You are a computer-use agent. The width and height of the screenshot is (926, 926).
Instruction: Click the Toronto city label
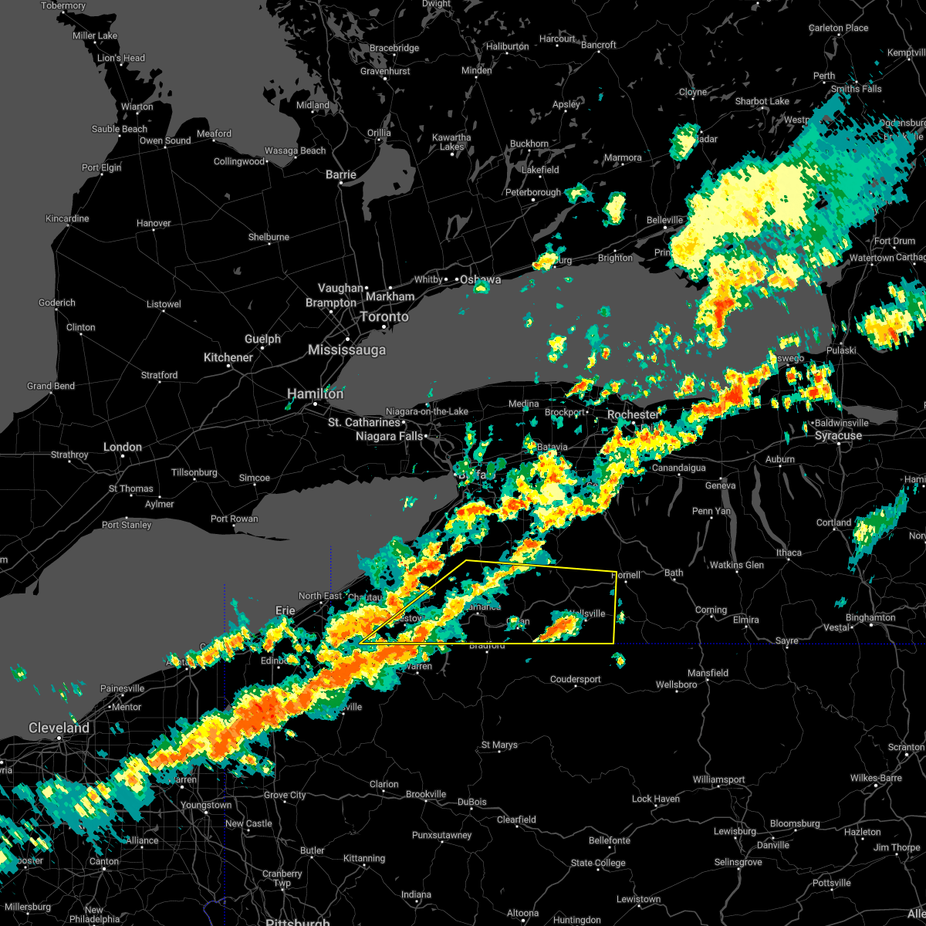click(x=384, y=317)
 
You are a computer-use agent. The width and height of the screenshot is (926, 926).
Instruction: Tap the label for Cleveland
click(x=59, y=728)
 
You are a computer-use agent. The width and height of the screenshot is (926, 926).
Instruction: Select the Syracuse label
click(x=838, y=436)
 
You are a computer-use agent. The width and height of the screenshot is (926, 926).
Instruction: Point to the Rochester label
click(x=633, y=414)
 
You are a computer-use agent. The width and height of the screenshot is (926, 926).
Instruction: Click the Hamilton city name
click(x=315, y=394)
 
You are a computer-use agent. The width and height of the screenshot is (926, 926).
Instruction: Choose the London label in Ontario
click(x=123, y=447)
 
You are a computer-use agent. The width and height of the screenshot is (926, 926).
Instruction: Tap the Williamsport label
click(x=718, y=779)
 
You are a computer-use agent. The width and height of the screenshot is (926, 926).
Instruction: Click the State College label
click(x=598, y=863)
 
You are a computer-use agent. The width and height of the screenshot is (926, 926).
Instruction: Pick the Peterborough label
click(x=532, y=192)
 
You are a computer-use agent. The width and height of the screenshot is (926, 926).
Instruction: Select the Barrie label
click(x=340, y=175)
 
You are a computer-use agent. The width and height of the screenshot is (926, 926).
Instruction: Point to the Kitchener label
click(x=228, y=357)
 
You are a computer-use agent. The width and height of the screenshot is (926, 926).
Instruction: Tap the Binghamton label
click(x=870, y=617)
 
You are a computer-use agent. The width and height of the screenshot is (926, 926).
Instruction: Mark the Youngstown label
click(x=206, y=805)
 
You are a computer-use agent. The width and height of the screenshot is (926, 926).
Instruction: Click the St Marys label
click(x=499, y=745)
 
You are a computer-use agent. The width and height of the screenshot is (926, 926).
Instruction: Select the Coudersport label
click(x=575, y=679)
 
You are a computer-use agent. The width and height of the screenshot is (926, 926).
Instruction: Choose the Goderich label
click(x=57, y=302)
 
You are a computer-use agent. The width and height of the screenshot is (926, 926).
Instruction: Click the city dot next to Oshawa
click(x=455, y=279)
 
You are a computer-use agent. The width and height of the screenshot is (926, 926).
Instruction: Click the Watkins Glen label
click(x=736, y=565)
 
